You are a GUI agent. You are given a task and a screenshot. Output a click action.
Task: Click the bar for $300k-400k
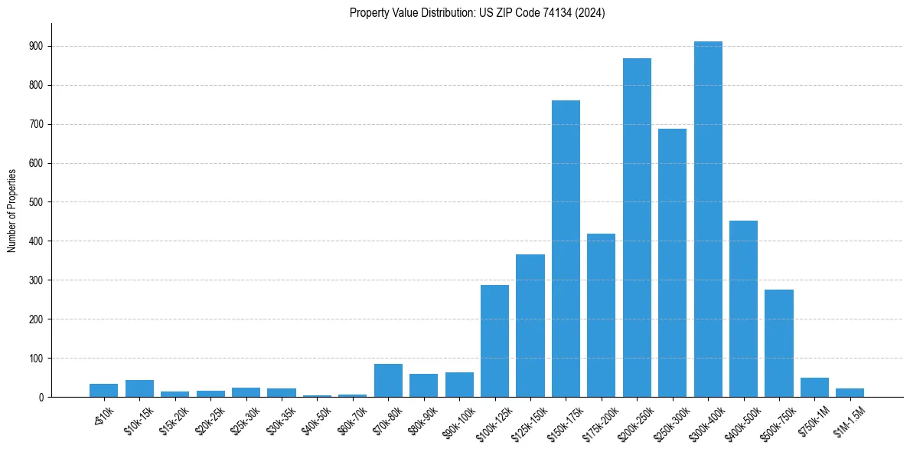click(708, 219)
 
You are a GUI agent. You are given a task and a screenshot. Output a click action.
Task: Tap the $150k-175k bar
click(566, 248)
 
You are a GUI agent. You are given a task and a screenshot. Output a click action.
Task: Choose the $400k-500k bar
click(743, 309)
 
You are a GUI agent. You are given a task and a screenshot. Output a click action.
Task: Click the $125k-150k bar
click(530, 326)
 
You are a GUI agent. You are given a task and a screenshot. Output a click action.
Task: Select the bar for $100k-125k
click(494, 341)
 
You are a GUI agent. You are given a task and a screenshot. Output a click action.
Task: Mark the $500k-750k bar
click(779, 343)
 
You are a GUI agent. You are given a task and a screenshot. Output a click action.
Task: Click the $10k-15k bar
click(139, 388)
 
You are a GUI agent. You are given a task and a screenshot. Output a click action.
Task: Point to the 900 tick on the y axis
click(37, 46)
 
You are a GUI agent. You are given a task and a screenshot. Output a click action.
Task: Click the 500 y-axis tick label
click(37, 202)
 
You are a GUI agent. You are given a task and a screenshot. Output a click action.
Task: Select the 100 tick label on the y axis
click(37, 358)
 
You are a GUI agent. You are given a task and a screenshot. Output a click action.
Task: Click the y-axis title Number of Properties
click(11, 210)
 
